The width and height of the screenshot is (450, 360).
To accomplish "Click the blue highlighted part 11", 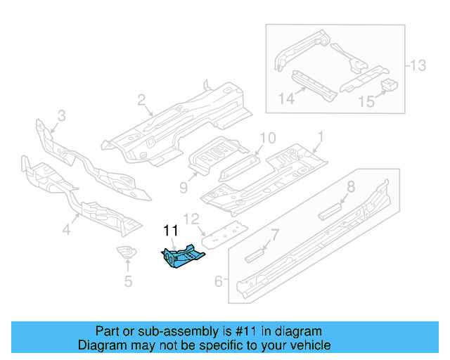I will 183,256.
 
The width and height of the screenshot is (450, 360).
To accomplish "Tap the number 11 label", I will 171,231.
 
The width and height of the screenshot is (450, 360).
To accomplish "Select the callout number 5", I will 128,283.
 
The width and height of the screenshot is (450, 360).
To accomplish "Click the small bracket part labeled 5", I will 127,254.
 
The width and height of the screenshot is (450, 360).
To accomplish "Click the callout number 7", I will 275,234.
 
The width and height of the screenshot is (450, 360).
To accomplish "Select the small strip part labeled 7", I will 256,255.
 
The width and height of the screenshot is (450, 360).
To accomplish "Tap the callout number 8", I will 350,187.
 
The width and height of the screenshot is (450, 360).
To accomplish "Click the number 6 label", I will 218,282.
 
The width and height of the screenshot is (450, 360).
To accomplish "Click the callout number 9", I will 183,187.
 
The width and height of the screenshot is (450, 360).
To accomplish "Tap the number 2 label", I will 141,100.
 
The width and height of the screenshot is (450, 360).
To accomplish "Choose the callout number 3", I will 61,115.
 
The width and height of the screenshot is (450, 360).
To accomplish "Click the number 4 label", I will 67,229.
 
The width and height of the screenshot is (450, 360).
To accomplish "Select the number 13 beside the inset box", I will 418,66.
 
